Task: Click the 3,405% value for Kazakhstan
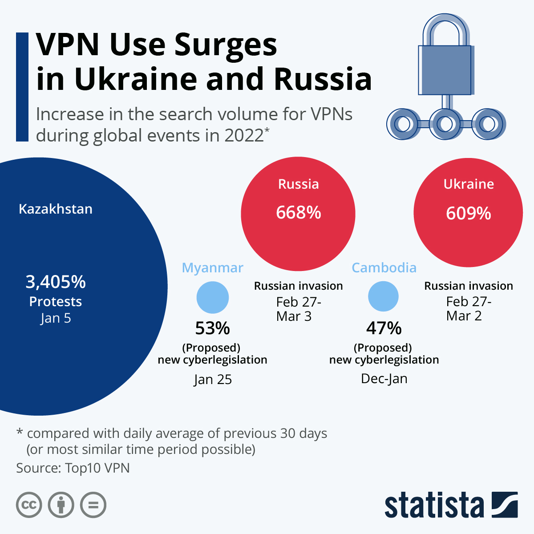coord(56,282)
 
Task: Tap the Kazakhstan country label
coord(56,209)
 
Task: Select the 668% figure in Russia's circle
coord(298,213)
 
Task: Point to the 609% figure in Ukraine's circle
coord(468,213)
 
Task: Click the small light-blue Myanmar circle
coord(213,297)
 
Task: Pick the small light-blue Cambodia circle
coord(384,296)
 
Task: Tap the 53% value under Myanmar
coord(213,328)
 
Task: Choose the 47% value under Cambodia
coord(384,328)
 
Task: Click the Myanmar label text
coord(213,268)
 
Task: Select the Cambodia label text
coord(384,267)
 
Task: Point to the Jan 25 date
coord(213,380)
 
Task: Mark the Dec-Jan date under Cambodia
coord(384,379)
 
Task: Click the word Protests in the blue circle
coord(56,302)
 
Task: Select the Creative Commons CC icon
coord(29,505)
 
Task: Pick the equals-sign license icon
coord(93,505)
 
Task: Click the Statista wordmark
coord(434,505)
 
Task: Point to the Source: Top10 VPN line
coord(73,468)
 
